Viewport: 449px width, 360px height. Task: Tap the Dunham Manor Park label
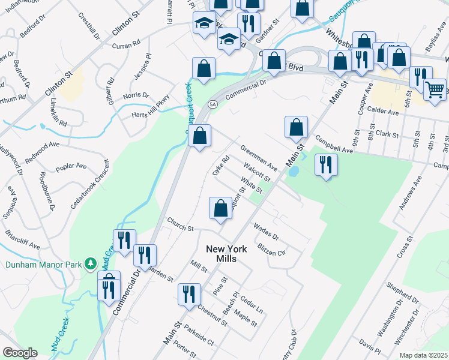[x=42, y=263]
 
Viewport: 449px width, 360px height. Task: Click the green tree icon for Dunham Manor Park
[x=90, y=263]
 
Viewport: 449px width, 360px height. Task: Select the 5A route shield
[x=212, y=104]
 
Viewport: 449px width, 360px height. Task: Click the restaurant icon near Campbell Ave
[x=325, y=164]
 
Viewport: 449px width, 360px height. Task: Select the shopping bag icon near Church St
[x=220, y=208]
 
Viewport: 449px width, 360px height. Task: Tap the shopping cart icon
[x=435, y=89]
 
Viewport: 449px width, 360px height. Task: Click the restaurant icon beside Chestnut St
[x=189, y=295]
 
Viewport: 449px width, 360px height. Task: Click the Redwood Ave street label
[x=41, y=154]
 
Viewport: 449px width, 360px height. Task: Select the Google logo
[x=19, y=353]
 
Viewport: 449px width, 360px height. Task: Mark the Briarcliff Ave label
[x=22, y=238]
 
